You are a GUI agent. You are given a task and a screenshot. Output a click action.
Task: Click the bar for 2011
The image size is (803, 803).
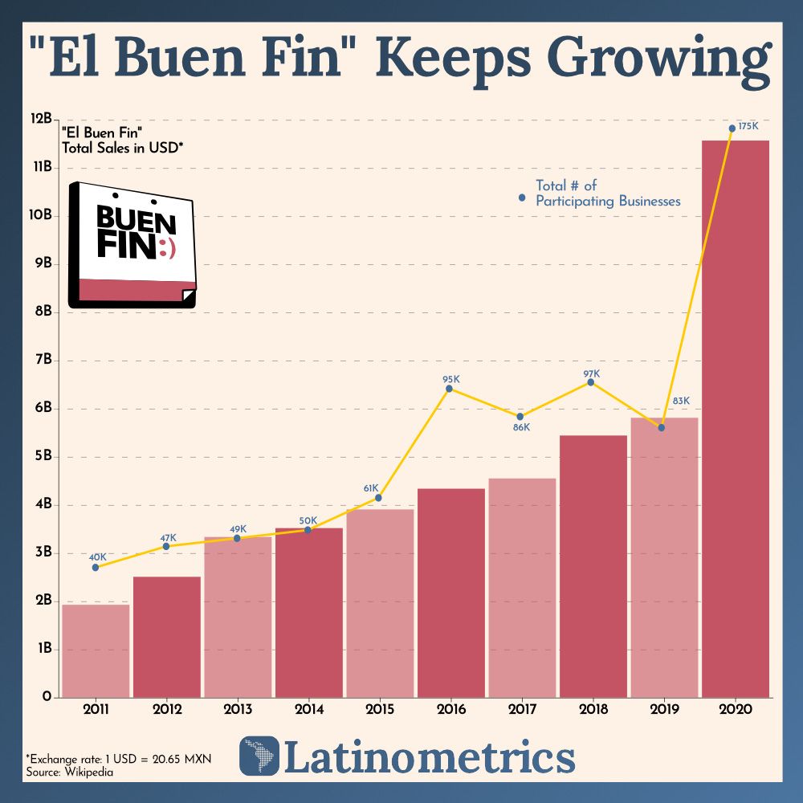96,650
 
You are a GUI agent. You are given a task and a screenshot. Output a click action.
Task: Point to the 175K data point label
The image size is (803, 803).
748,127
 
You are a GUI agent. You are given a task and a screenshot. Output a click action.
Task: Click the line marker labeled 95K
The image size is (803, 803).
450,389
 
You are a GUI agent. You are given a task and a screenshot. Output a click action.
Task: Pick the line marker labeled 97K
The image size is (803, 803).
591,382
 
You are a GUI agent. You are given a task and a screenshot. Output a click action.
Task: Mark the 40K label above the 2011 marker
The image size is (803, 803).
97,556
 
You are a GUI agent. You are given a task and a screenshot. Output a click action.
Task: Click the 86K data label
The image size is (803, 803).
521,427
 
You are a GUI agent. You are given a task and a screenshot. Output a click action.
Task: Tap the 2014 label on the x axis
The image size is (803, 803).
309,710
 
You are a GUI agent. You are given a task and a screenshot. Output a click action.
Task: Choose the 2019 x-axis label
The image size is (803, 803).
663,710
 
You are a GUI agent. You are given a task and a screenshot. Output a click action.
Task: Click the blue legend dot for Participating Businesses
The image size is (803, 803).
522,197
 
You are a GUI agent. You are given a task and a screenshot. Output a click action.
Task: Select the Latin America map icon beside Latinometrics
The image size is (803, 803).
259,756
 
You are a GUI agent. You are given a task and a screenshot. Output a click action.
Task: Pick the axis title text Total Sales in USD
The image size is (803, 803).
122,147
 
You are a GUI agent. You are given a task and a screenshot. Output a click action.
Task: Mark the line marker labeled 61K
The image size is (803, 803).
378,498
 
